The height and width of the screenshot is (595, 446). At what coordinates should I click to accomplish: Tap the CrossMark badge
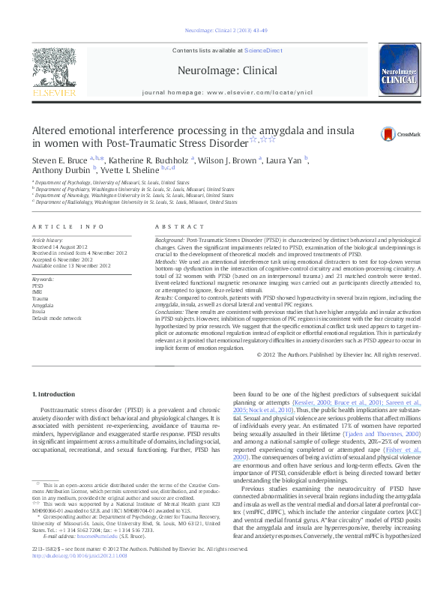(x=401, y=134)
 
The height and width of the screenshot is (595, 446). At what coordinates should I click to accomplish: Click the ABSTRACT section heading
(x=174, y=226)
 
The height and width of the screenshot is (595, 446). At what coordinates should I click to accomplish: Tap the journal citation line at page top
(x=223, y=31)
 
